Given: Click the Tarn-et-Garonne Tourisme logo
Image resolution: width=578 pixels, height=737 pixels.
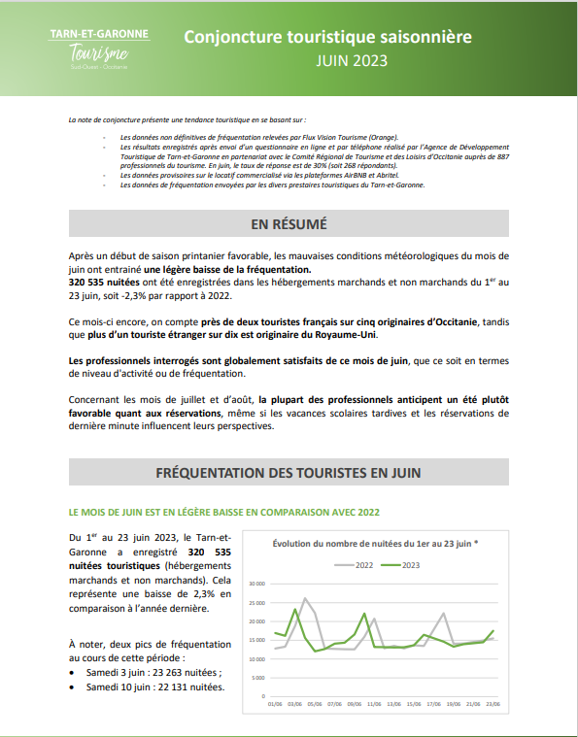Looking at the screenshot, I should click(99, 49).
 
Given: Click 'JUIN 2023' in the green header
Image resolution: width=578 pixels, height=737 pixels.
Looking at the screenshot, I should click(351, 60).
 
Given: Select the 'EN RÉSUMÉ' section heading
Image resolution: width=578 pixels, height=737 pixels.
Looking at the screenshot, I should click(289, 224).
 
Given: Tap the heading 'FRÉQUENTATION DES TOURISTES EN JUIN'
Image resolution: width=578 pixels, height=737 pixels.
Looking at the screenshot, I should click(289, 473).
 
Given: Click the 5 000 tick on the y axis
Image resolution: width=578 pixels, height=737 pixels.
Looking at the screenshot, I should click(256, 678).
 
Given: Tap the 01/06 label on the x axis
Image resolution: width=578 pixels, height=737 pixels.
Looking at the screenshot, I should click(275, 704).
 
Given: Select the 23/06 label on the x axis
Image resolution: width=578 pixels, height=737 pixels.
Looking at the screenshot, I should click(493, 704).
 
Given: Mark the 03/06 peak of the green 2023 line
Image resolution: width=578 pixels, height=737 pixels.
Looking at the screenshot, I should click(295, 610).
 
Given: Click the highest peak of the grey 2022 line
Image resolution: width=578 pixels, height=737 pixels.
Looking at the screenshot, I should click(305, 599).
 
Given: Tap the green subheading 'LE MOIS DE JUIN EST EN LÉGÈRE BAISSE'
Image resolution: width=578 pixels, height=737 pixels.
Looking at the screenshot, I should click(223, 512).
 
